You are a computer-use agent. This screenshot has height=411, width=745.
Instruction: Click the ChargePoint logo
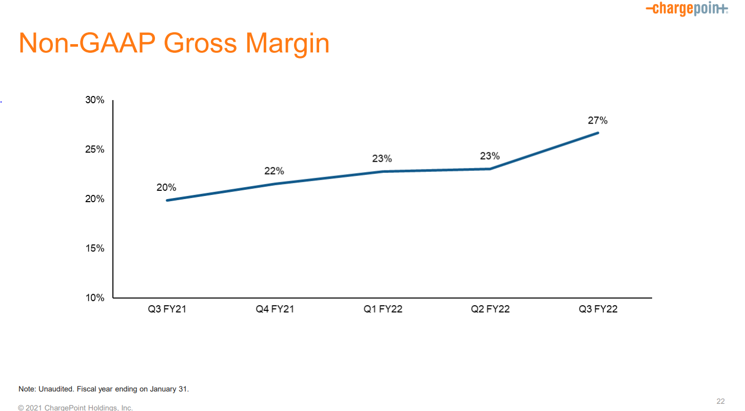tap(687, 9)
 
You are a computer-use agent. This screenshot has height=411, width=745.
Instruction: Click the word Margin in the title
tap(287, 44)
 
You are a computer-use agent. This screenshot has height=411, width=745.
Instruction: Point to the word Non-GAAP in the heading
tap(87, 43)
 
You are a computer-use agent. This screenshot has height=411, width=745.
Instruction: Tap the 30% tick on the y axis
tap(95, 100)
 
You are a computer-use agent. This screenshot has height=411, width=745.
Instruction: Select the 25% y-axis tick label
tap(95, 149)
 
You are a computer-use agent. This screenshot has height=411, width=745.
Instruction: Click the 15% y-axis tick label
tap(95, 248)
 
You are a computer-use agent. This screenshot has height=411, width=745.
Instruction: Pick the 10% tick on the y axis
tap(95, 298)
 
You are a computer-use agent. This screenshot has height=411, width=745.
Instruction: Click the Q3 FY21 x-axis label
tap(167, 309)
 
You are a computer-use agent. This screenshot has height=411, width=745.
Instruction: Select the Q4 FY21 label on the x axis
tap(275, 309)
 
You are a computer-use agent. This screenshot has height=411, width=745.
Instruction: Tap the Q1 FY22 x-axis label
tap(383, 309)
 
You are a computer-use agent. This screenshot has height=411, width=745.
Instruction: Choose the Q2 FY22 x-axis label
tap(490, 309)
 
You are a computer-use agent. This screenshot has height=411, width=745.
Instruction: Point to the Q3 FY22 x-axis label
tap(598, 309)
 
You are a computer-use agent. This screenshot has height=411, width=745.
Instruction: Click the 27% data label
tap(598, 121)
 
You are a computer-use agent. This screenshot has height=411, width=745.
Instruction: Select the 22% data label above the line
tap(274, 171)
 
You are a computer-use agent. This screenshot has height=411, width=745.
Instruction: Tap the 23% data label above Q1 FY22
tap(382, 159)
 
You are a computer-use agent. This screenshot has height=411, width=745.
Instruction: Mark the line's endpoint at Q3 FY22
tap(598, 133)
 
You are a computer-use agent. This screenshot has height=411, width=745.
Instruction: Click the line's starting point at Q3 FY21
tap(167, 201)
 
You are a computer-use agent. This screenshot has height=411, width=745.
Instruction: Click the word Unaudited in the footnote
tap(56, 389)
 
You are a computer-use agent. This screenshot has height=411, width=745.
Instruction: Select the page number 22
tap(720, 401)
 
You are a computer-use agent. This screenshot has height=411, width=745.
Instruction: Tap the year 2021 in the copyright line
tap(33, 408)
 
